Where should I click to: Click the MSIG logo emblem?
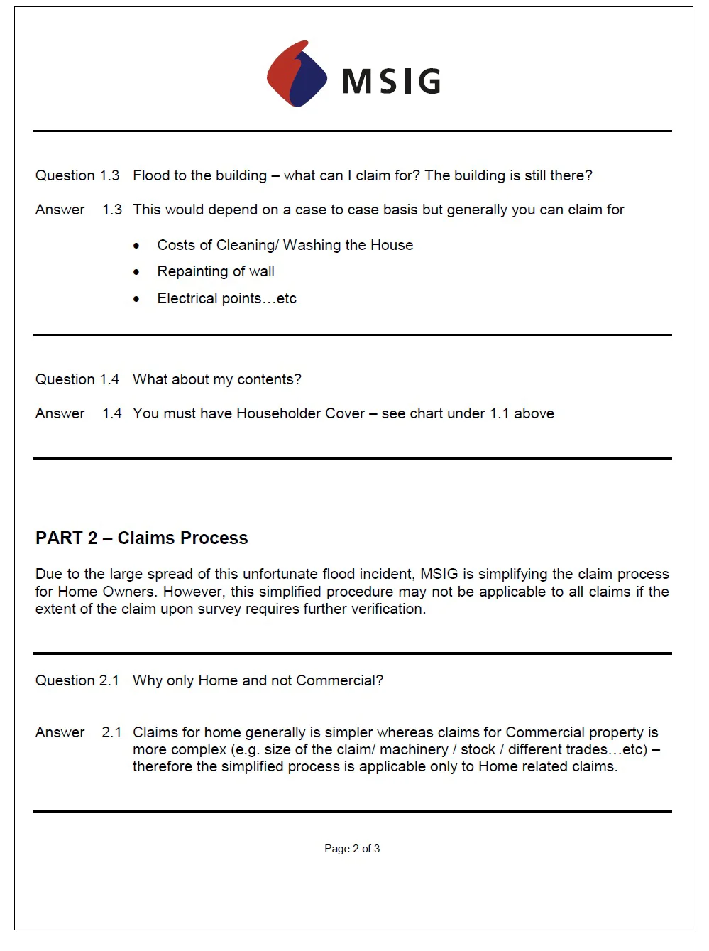(297, 74)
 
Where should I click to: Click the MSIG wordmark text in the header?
(391, 81)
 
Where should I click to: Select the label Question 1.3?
(77, 175)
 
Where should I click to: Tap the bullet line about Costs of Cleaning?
(285, 245)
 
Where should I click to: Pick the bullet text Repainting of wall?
(216, 271)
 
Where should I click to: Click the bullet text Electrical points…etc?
(226, 298)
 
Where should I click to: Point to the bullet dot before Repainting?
(136, 272)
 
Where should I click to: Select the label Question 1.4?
(77, 379)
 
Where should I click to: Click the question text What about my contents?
(216, 379)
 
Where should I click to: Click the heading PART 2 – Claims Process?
(142, 538)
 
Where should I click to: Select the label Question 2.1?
(77, 680)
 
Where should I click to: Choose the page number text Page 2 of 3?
(352, 848)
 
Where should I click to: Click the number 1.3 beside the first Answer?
(112, 210)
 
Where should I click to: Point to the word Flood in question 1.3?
(150, 175)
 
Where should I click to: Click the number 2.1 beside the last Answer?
(112, 732)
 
